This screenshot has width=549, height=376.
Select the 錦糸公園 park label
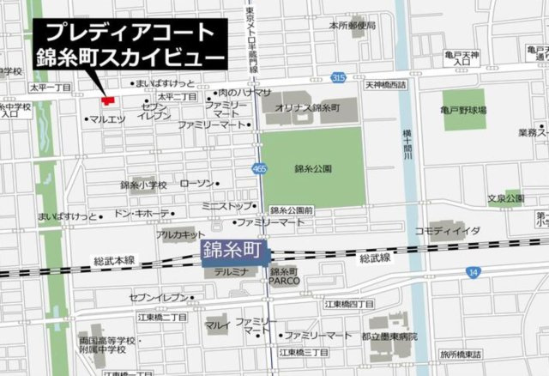[311, 169]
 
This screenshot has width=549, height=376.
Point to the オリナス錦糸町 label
[308, 108]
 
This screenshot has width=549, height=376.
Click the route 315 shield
[339, 78]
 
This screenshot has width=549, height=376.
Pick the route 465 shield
[259, 169]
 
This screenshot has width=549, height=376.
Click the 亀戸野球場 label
[463, 111]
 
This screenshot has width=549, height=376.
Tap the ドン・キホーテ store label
[141, 213]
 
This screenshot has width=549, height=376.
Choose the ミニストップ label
[227, 206]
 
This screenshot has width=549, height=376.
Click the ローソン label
[197, 184]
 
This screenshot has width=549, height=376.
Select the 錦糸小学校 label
[143, 185]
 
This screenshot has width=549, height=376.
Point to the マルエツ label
[108, 119]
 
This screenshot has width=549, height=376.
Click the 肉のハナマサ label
[244, 92]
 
